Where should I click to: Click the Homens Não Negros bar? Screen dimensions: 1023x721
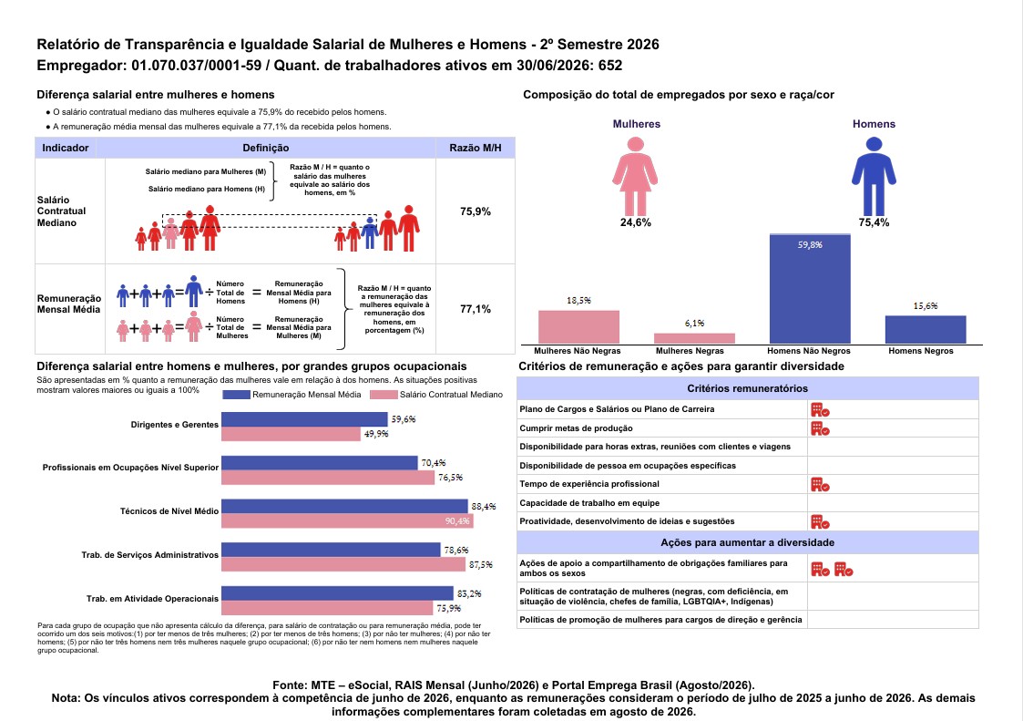click(810, 289)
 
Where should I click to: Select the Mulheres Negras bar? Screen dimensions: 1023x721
click(694, 338)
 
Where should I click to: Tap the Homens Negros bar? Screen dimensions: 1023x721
click(926, 330)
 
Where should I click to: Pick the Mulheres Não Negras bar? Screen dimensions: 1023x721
click(578, 327)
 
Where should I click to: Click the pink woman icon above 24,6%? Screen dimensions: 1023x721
click(635, 176)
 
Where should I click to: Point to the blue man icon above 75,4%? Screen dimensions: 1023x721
click(874, 176)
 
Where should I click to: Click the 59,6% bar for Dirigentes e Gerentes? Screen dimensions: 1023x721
click(304, 419)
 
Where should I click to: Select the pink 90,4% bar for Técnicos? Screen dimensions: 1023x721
click(347, 520)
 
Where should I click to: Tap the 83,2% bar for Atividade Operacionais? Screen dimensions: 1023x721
click(337, 593)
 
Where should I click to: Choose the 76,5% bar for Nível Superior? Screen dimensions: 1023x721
click(328, 478)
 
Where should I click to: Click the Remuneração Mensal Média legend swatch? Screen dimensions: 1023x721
click(236, 395)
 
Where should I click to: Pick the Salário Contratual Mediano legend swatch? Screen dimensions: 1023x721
click(384, 395)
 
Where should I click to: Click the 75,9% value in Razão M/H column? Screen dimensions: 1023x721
click(475, 211)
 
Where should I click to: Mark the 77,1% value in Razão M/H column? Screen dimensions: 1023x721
click(475, 309)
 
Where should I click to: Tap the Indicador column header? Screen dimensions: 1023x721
click(66, 149)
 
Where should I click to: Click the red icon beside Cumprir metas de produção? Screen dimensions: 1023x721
click(820, 428)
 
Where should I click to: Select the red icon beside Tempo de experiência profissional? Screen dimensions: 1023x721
click(820, 485)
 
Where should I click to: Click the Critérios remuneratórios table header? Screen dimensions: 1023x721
click(748, 388)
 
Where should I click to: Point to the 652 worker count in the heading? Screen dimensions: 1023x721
click(610, 66)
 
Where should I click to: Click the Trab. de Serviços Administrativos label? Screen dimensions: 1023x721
click(150, 555)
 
